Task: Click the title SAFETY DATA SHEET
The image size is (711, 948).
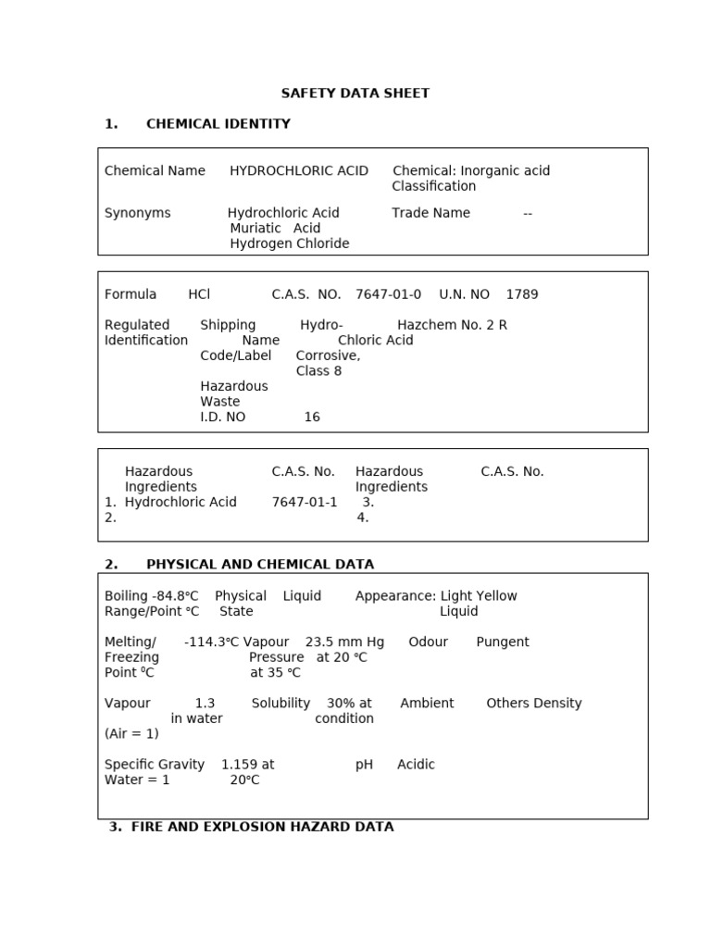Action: pos(355,94)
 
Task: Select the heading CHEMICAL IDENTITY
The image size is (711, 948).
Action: pos(218,124)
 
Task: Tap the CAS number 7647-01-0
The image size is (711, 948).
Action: pos(388,294)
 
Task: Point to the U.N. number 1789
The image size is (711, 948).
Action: pos(521,294)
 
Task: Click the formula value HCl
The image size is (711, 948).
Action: pos(199,294)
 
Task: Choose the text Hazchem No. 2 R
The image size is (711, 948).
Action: pos(452,325)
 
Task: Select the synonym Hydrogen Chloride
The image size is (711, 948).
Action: pos(289,243)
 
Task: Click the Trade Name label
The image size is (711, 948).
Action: pos(430,213)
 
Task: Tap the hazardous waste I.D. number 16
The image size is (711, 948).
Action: pos(312,418)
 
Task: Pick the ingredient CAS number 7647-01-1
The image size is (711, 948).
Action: pos(305,502)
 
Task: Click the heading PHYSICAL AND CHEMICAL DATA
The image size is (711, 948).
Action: pos(260,565)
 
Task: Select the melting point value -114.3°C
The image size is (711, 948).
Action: pos(211,642)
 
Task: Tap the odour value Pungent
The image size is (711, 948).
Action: pos(503,642)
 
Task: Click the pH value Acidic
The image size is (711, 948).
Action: pos(416,765)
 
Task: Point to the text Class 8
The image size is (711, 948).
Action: pos(318,371)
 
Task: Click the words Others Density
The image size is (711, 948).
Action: pos(534,704)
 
